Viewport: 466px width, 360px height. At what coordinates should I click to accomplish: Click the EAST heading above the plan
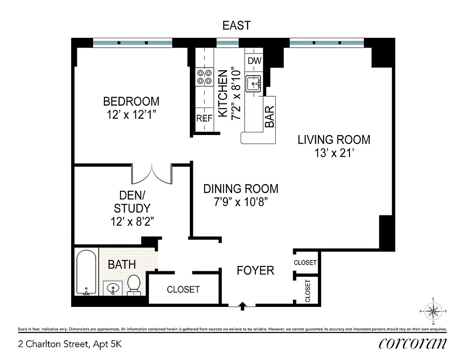click(236, 26)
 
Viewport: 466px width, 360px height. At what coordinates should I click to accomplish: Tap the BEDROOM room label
click(131, 101)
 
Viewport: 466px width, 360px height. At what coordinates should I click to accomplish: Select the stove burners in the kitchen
click(204, 77)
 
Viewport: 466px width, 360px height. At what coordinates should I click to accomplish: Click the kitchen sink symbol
click(254, 84)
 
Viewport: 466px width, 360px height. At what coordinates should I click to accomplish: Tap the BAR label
click(269, 117)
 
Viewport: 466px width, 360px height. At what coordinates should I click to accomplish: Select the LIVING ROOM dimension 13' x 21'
click(334, 153)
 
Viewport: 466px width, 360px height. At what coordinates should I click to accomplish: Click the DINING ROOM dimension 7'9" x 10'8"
click(241, 202)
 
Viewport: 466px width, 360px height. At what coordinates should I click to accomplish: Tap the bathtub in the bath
click(85, 273)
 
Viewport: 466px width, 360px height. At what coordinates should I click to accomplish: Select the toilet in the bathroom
click(134, 285)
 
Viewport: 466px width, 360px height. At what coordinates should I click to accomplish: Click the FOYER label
click(255, 270)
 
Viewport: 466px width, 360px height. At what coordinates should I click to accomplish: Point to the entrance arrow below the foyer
click(242, 306)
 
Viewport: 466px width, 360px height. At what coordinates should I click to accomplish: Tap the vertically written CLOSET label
click(308, 290)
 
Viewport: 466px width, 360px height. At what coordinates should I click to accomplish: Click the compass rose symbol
click(433, 310)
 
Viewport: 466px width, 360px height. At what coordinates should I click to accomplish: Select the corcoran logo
click(412, 344)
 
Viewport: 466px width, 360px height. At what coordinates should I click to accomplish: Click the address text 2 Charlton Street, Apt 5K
click(70, 345)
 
